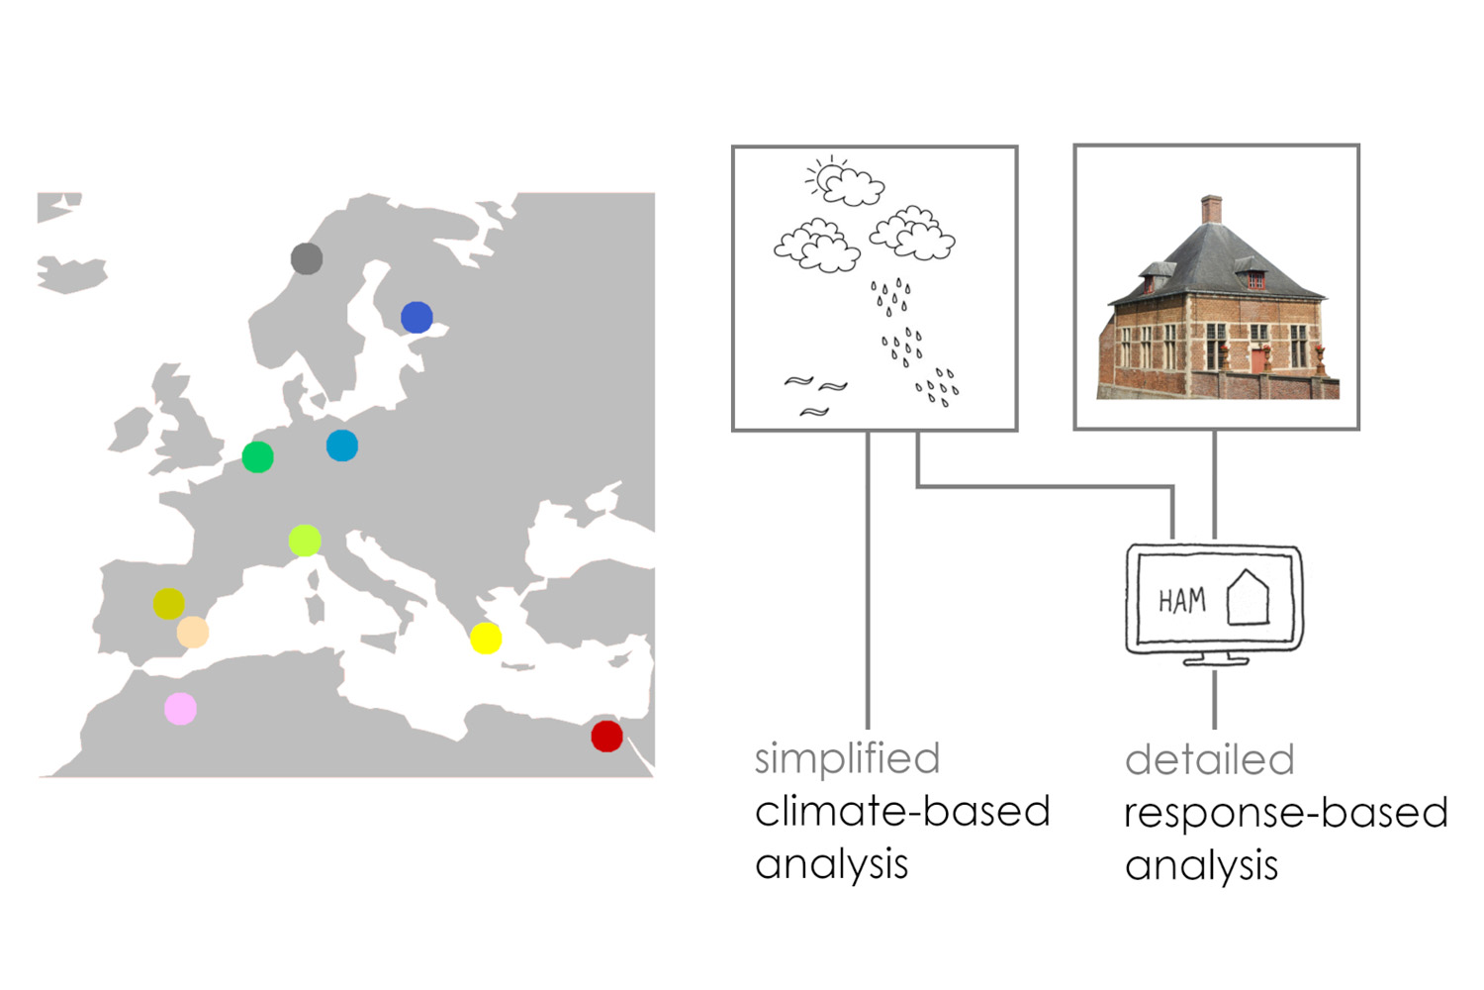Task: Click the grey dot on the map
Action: tap(307, 258)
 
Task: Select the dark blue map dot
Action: tap(417, 317)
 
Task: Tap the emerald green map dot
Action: tap(257, 456)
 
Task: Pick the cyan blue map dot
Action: tap(342, 445)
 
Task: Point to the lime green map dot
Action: tap(305, 541)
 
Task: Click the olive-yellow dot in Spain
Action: tap(169, 603)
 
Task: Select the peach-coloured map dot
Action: tap(193, 632)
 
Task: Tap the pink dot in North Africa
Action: tap(180, 709)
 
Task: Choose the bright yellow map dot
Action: tap(486, 639)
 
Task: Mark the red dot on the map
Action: tap(606, 736)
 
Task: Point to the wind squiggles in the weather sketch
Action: tap(816, 394)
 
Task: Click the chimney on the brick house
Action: tap(1211, 209)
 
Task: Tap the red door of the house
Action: tap(1257, 358)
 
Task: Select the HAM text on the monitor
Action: tap(1181, 600)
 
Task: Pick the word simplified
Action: tap(847, 759)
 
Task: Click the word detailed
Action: tap(1209, 760)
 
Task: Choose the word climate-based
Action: tap(901, 812)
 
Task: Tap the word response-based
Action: tap(1285, 813)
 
